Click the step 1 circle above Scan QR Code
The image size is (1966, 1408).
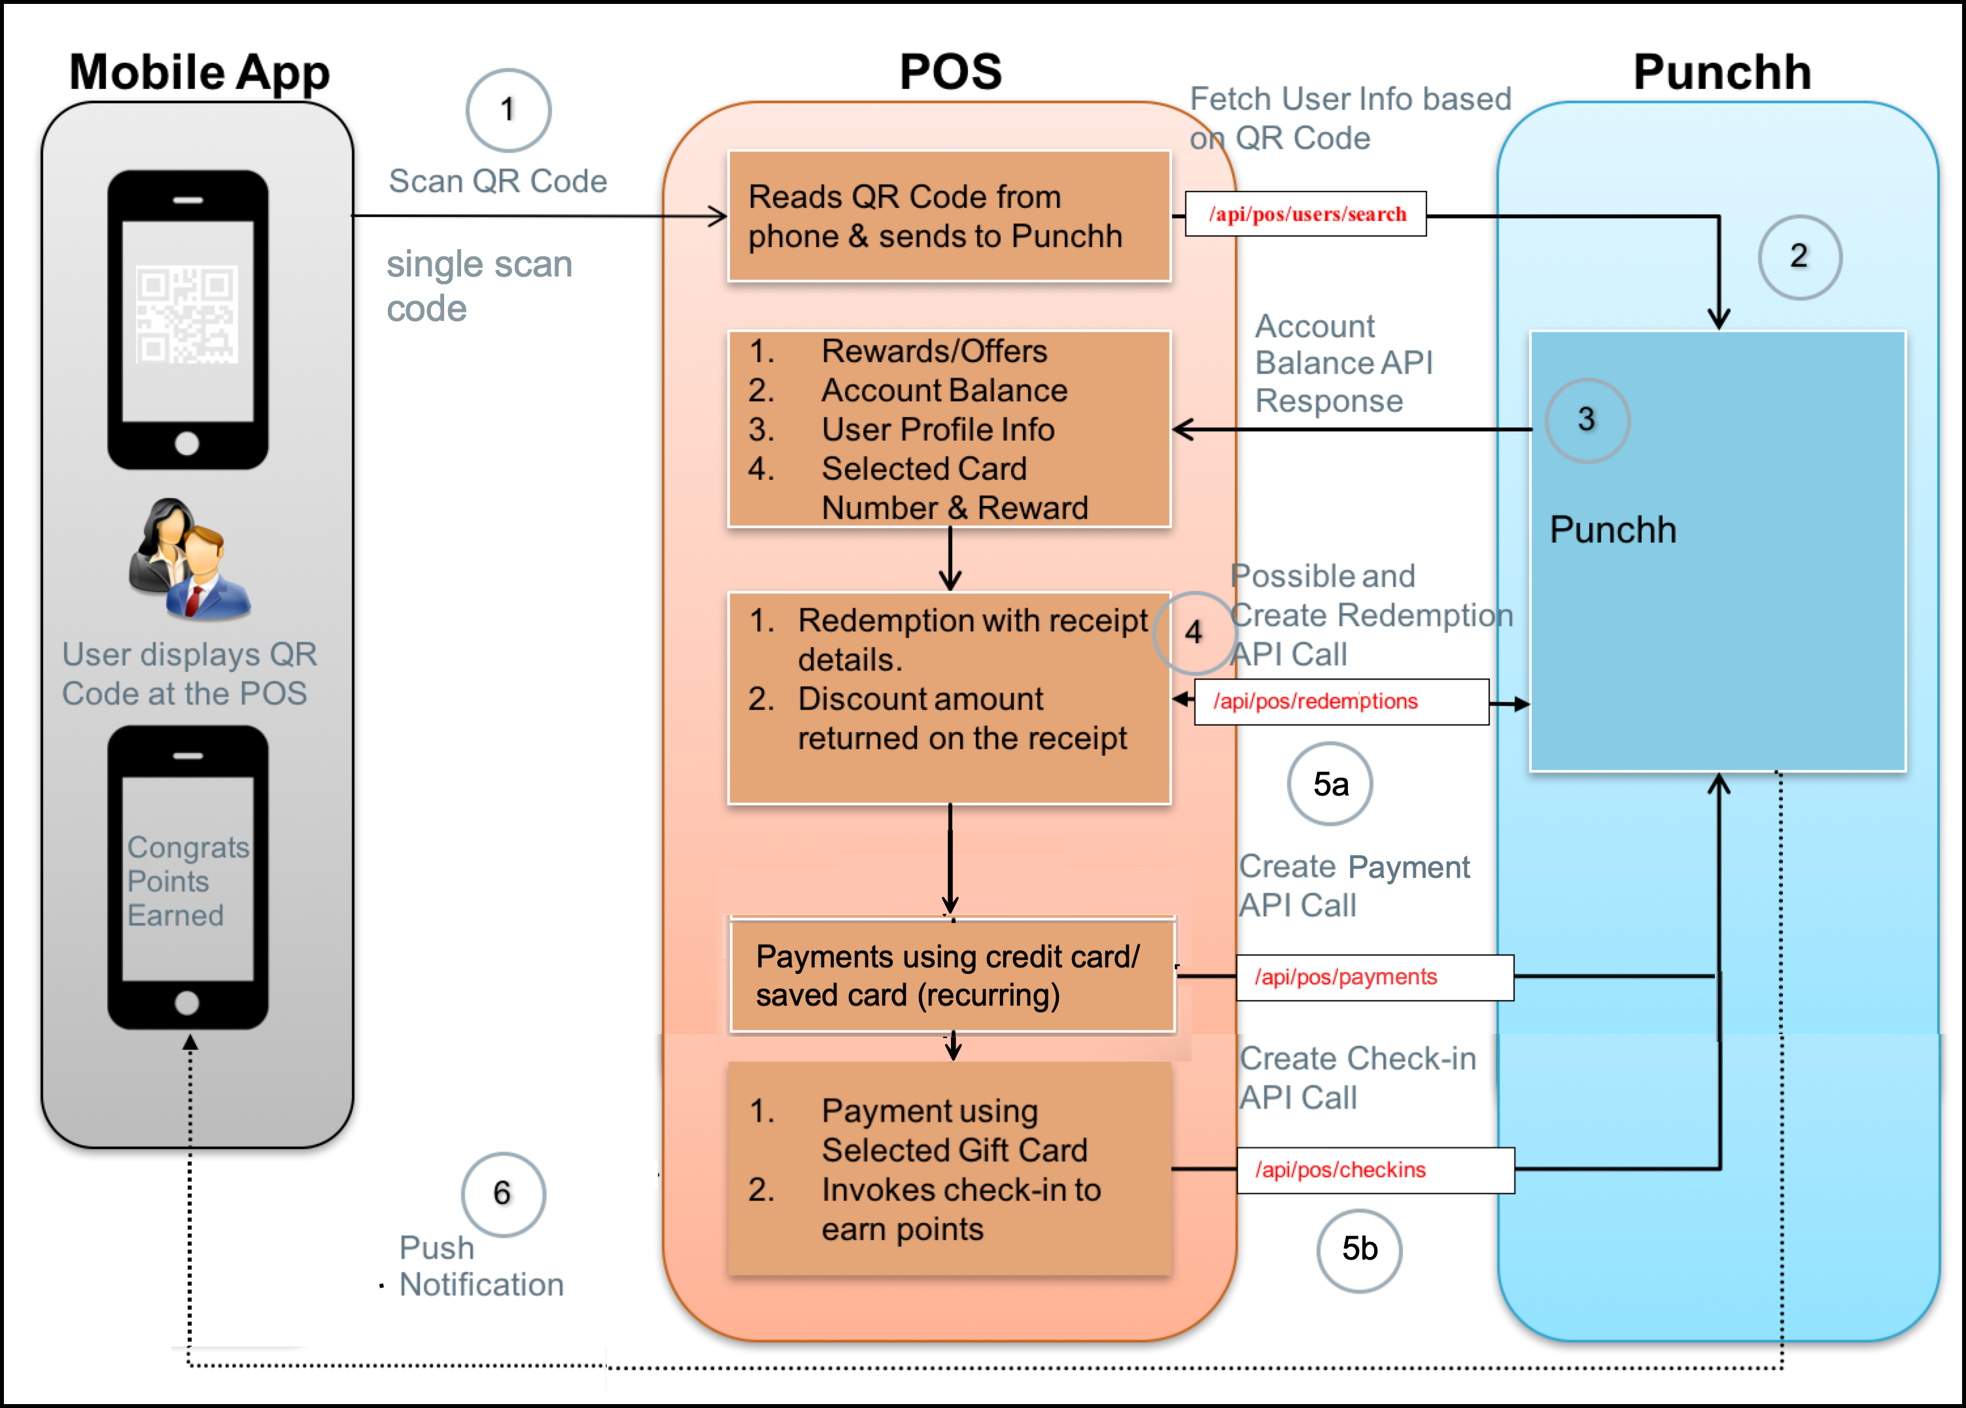509,110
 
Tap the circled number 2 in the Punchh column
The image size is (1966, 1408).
1800,256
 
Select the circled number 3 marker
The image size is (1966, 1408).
1587,420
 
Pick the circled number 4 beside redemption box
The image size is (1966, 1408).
1194,633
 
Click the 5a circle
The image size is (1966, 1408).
1330,784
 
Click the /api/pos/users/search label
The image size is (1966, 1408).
1306,214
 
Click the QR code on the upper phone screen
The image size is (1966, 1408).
187,314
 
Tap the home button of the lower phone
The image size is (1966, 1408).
187,1003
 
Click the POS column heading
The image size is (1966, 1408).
950,71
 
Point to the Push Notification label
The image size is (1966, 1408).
479,1267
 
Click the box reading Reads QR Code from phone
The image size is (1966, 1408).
949,216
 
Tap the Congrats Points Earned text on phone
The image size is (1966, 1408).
186,881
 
